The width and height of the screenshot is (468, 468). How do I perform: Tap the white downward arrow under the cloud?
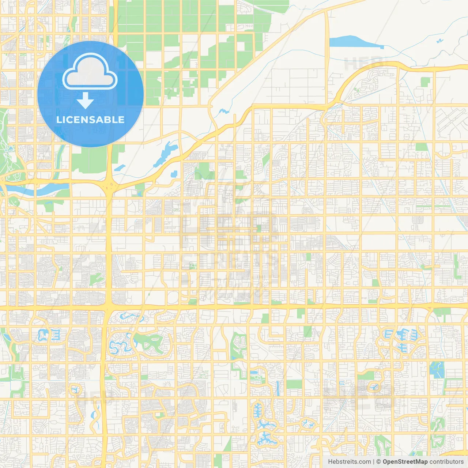tap(85, 101)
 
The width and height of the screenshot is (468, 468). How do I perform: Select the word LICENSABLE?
tap(90, 120)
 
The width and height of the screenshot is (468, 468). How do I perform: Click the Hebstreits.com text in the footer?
tap(349, 462)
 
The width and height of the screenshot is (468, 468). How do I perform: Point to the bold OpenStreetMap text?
tap(405, 462)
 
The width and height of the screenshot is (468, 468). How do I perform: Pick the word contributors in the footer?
tap(446, 462)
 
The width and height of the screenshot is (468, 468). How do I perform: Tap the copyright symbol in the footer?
tap(379, 462)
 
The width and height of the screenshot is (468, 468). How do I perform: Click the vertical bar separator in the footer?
tap(374, 462)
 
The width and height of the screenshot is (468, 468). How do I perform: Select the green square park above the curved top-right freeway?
tap(425, 82)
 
